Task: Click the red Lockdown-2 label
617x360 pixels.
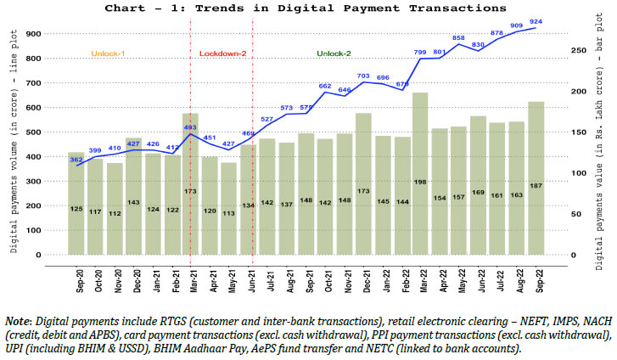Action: coord(222,53)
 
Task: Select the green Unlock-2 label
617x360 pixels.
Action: coord(334,53)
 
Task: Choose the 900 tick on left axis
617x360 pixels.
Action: coord(55,34)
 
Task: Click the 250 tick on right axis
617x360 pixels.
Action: coord(575,51)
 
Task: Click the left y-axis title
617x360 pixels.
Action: coord(16,144)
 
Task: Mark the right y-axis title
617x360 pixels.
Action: coord(604,144)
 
